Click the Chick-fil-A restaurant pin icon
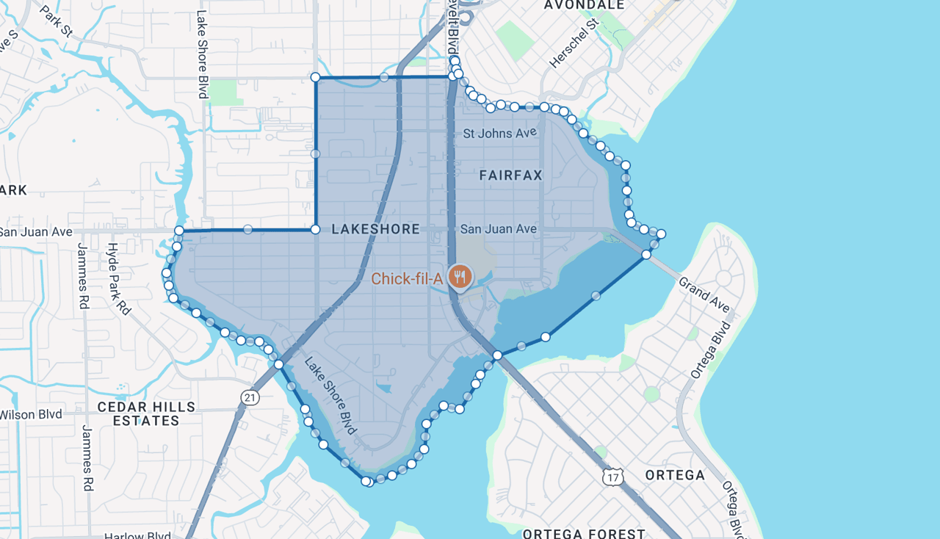[x=460, y=277]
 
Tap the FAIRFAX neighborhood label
[x=510, y=175]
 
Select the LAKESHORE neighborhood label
[x=375, y=229]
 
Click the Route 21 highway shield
[x=250, y=397]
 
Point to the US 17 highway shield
[x=612, y=477]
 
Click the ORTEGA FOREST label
[x=584, y=533]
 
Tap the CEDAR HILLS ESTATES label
[x=146, y=413]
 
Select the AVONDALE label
[x=584, y=5]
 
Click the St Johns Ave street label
[x=499, y=133]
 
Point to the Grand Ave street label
[x=704, y=294]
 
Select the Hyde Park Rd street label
[x=118, y=279]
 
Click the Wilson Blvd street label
[x=31, y=414]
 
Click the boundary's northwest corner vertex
[x=315, y=77]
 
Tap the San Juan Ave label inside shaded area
[x=498, y=229]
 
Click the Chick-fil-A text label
[x=406, y=278]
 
